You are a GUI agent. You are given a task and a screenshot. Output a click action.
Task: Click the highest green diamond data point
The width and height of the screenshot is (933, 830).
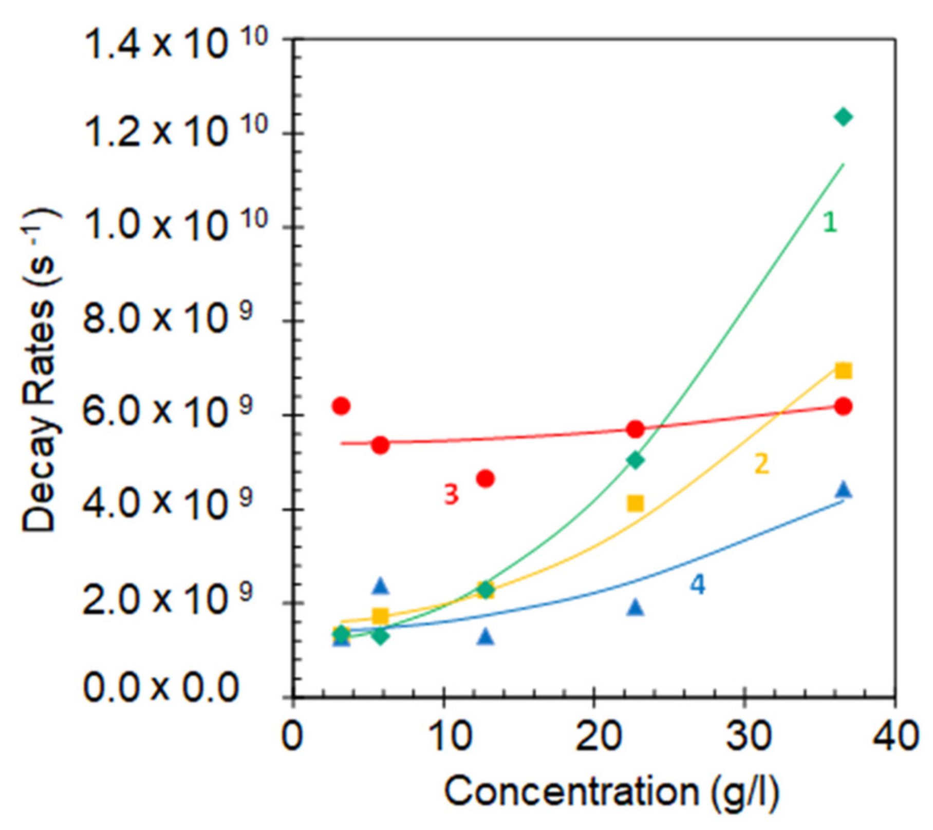(843, 117)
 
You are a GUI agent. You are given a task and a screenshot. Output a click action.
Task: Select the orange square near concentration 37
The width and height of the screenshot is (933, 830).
(843, 371)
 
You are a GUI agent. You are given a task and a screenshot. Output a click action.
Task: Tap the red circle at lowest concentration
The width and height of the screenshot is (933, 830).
(341, 406)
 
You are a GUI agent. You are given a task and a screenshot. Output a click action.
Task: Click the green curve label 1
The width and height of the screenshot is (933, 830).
(830, 223)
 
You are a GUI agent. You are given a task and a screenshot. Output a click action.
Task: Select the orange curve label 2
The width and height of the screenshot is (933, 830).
(761, 464)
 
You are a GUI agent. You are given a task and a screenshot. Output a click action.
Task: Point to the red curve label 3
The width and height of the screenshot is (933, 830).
(451, 495)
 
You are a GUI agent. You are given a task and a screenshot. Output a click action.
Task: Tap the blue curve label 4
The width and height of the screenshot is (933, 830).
(697, 584)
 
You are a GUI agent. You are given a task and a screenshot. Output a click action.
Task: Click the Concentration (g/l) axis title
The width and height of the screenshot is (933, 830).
(611, 791)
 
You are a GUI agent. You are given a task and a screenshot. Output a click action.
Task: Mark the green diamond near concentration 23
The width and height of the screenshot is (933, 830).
(636, 460)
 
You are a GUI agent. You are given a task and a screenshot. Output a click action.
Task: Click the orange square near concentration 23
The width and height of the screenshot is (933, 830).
(636, 504)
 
